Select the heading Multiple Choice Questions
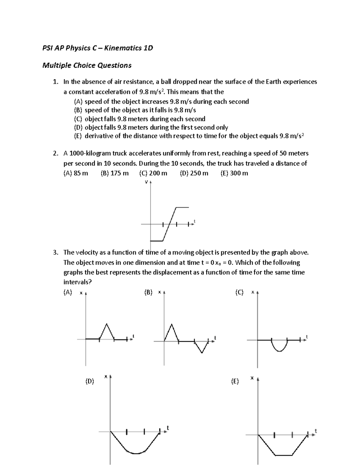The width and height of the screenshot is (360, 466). (x=87, y=65)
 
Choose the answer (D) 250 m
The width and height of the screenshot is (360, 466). (x=194, y=173)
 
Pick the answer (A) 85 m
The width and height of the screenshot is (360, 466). (x=76, y=173)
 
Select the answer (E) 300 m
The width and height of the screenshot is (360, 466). (x=234, y=173)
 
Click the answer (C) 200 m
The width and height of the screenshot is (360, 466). (x=153, y=173)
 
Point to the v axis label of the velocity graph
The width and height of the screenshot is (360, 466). (x=146, y=182)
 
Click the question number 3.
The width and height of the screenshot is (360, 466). (x=55, y=253)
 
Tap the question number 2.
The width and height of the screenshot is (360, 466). (x=55, y=153)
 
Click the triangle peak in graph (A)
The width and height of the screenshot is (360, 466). (x=106, y=324)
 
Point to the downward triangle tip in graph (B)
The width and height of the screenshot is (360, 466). (x=202, y=353)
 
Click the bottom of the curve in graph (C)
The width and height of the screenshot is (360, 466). (x=279, y=351)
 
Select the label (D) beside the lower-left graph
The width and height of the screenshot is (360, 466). (x=89, y=381)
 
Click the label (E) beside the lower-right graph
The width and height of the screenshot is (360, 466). (x=235, y=381)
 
